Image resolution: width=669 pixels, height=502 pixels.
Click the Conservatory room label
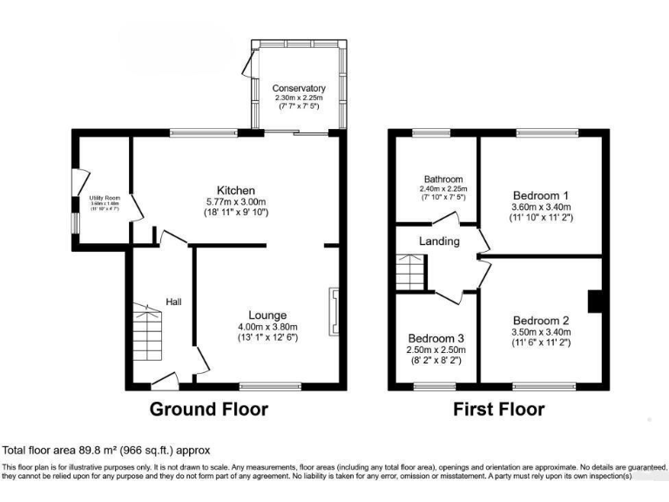299,88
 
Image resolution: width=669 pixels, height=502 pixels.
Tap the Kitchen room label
236,190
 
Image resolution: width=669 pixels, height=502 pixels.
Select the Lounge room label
267,315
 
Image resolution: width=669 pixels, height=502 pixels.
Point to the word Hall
174,302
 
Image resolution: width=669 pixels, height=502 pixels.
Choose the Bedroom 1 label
541,194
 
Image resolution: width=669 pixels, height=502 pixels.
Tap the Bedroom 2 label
541,320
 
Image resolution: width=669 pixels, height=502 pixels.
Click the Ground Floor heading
209,409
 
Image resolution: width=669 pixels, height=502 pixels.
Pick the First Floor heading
498,409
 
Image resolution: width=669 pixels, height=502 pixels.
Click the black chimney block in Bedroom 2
595,301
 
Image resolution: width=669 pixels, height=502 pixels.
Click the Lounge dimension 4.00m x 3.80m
267,326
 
